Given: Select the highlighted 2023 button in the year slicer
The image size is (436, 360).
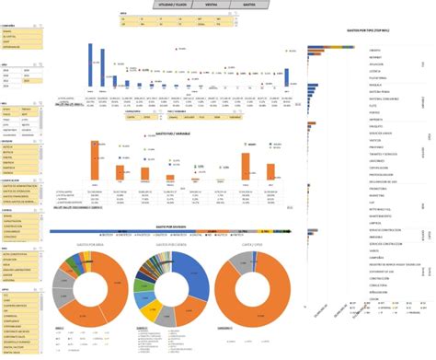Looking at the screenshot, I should click(28, 81).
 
